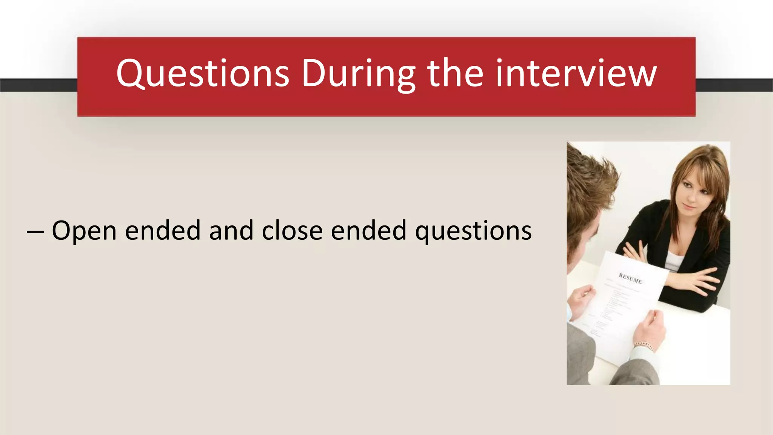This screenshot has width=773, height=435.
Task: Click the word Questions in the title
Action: click(203, 74)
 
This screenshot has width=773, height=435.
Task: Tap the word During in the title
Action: click(358, 74)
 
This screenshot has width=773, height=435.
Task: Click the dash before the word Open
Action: click(35, 231)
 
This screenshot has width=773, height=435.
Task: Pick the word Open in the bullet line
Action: click(84, 230)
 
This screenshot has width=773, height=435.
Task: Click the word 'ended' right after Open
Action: click(163, 230)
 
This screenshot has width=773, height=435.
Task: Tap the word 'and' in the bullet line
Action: click(231, 230)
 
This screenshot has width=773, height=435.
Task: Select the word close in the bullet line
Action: click(292, 230)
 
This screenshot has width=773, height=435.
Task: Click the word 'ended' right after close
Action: click(369, 230)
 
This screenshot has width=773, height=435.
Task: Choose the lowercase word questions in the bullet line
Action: click(473, 231)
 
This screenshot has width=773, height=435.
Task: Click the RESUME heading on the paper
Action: click(630, 278)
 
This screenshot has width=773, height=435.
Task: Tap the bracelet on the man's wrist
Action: click(644, 345)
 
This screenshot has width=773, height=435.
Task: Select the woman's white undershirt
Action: click(674, 261)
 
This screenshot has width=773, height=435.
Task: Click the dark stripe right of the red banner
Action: click(734, 85)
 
